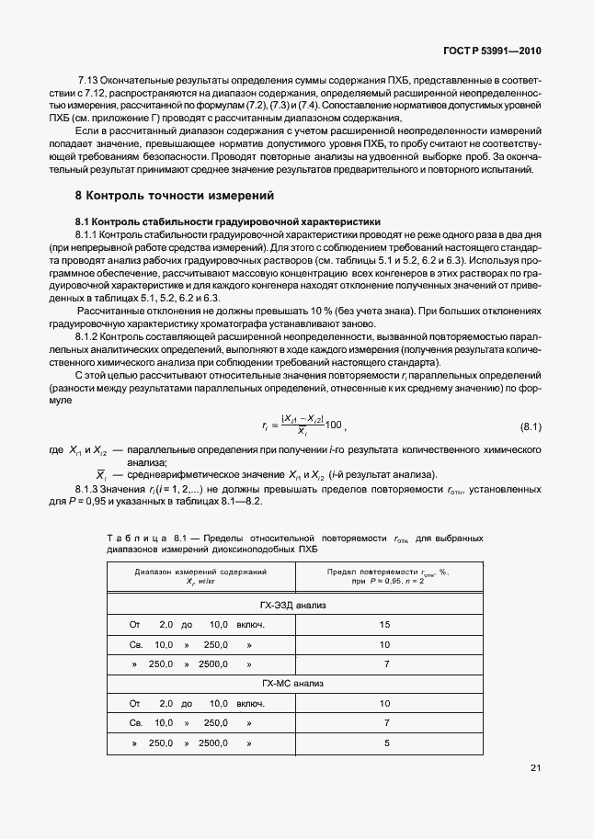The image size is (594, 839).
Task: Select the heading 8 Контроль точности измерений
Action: pos(174,196)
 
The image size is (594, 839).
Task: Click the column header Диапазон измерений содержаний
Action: pos(200,572)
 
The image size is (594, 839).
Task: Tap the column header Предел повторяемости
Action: pos(386,572)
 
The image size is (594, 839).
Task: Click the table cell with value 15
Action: pos(386,625)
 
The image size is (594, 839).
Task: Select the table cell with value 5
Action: pos(387,743)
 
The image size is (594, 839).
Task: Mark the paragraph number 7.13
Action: pos(89,79)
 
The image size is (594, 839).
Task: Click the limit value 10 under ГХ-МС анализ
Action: pos(386,704)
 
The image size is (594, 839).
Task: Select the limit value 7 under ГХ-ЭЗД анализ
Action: pos(387,663)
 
